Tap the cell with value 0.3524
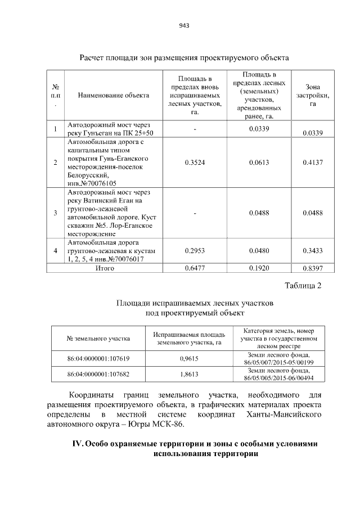tap(195, 163)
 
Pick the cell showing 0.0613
tap(260, 163)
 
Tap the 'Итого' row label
tap(105, 268)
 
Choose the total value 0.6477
tap(195, 268)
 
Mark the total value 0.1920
tap(260, 268)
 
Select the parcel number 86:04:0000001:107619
tap(98, 358)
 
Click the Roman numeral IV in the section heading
tap(78, 444)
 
